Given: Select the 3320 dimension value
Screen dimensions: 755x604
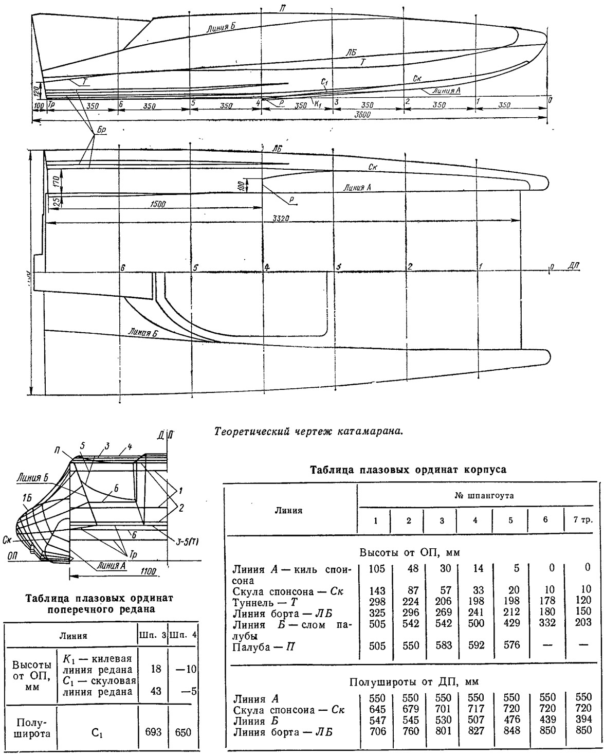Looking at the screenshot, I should click(x=278, y=219).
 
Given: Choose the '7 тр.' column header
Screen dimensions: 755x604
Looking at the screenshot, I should click(x=582, y=519).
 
